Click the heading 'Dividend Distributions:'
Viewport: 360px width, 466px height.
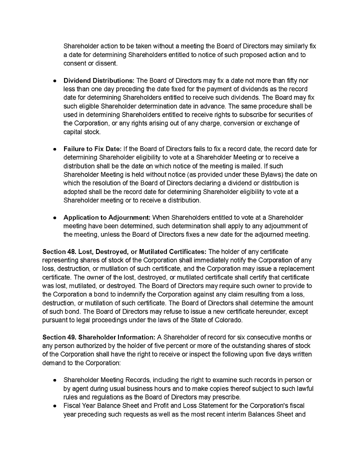(99, 80)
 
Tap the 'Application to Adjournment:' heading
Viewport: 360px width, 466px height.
(106, 217)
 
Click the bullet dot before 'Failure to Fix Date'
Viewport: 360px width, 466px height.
(54, 149)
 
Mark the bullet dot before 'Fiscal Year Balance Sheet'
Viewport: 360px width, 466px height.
(54, 405)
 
